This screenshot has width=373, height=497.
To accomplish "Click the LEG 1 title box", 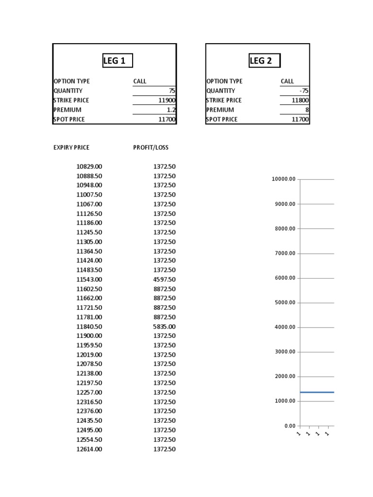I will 117,61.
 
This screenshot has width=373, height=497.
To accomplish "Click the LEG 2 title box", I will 264,61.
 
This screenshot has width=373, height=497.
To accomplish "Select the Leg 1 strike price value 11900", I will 167,100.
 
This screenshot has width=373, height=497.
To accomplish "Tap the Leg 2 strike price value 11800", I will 300,100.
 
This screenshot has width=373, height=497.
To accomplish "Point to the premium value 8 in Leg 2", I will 306,110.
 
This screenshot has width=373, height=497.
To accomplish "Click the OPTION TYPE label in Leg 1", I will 71,82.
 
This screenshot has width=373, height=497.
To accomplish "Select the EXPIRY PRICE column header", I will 71,148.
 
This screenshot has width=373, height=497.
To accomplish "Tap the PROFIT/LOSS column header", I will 151,148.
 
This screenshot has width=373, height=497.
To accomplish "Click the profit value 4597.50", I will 164,280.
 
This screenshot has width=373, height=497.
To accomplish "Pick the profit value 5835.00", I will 164,327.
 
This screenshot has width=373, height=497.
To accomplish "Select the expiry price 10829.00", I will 89,166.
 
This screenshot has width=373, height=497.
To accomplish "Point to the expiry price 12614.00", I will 89,449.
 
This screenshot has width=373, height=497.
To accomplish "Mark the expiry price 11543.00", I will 89,280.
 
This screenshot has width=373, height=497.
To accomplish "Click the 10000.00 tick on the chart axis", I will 284,180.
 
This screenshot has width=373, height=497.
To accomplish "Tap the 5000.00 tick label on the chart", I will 285,303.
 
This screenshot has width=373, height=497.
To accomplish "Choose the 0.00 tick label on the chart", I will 289,426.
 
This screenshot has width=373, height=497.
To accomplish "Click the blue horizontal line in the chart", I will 317,392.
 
